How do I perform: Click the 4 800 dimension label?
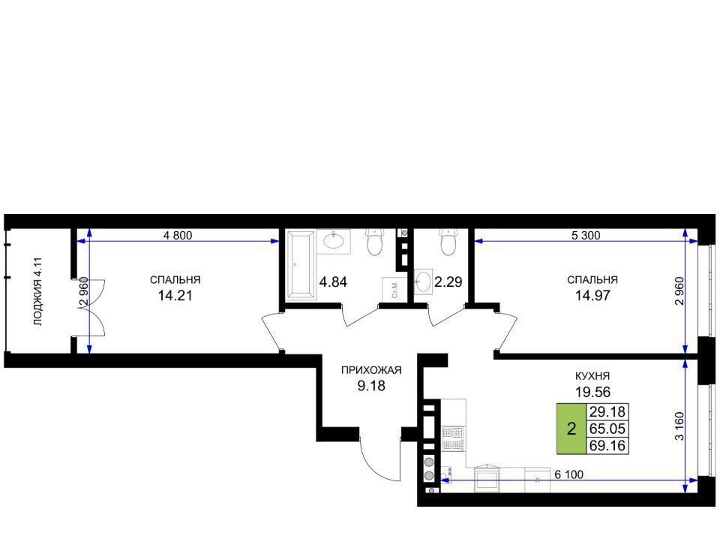point(178,236)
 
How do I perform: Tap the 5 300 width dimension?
point(586,236)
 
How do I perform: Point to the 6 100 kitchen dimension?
point(569,474)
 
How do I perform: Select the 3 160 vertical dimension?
point(679,426)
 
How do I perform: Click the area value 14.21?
point(175,296)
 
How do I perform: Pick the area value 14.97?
point(592,296)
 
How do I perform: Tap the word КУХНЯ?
point(592,376)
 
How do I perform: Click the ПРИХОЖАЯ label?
point(371,370)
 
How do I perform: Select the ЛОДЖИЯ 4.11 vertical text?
point(38,292)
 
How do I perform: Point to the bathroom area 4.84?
point(333,282)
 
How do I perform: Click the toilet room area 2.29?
point(448,282)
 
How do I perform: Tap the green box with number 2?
point(571,429)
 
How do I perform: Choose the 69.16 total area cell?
point(607,446)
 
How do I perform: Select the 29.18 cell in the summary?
point(607,411)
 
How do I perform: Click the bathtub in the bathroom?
point(301,266)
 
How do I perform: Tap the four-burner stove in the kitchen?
point(453,438)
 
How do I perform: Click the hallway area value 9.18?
point(371,386)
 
